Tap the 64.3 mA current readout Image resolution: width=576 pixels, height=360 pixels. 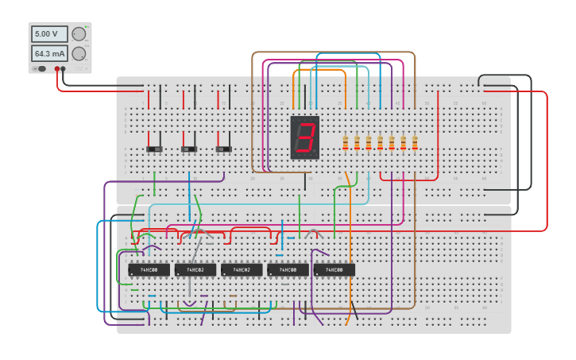(49, 54)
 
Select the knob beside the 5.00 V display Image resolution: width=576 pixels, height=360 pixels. (79, 34)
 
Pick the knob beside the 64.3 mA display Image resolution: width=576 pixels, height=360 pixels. (79, 54)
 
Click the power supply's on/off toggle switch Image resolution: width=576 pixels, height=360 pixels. (40, 69)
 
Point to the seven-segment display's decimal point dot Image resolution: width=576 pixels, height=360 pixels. (315, 153)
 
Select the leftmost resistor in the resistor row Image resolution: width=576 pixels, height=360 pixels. (345, 143)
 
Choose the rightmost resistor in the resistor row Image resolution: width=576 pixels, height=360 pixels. (414, 143)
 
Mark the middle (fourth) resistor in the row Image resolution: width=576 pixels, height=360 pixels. (380, 143)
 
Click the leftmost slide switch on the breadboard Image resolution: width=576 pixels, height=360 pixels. (154, 149)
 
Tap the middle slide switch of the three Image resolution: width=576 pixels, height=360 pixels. (189, 149)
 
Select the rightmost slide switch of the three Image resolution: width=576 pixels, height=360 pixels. (223, 149)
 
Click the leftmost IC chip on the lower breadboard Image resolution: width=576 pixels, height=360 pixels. (149, 270)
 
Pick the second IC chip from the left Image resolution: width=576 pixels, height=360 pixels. (195, 270)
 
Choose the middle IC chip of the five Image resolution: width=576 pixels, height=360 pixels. (242, 270)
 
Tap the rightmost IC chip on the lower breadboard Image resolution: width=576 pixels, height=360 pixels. (334, 270)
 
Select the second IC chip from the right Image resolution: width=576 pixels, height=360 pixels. (288, 270)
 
